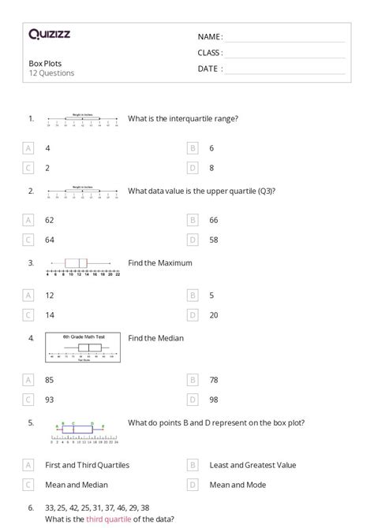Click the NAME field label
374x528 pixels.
[210, 36]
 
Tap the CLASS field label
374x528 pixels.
[210, 53]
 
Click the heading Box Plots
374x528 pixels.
[45, 63]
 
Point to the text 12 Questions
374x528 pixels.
[51, 73]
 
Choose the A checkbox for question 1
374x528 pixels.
[28, 147]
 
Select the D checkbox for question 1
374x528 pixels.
[192, 167]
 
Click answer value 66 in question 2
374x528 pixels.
[214, 220]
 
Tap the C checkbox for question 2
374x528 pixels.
[28, 240]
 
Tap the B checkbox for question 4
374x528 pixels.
[192, 379]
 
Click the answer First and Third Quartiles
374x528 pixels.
[87, 465]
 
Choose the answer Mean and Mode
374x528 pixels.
[237, 485]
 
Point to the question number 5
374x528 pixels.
[31, 423]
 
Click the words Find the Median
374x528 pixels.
[155, 338]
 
